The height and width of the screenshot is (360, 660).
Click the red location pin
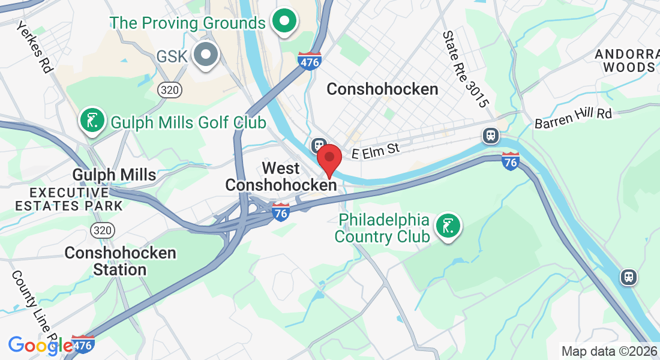pos(329,159)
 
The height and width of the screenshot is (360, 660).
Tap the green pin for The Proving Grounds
pos(285,22)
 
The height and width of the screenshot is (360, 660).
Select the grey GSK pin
pos(206,55)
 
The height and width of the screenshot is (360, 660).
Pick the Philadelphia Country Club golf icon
pos(448,226)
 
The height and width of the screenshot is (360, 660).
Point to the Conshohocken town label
pos(382,89)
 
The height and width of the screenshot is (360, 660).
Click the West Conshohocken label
pos(281,177)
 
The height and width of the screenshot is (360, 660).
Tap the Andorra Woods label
pos(625,60)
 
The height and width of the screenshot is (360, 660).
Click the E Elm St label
pos(376,150)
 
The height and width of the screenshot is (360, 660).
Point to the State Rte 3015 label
pos(464,70)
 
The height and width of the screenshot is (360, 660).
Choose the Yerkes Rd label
pos(35,47)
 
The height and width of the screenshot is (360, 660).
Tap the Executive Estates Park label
pos(68,199)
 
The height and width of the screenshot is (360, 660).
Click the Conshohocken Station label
pos(120,261)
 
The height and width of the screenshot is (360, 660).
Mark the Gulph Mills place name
pos(114,175)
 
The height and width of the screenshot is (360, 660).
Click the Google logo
pos(40,345)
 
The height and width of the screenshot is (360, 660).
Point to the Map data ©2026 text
pos(608,351)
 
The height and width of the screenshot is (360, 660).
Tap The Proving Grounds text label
pos(187,23)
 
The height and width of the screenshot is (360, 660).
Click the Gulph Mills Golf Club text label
pos(188,123)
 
